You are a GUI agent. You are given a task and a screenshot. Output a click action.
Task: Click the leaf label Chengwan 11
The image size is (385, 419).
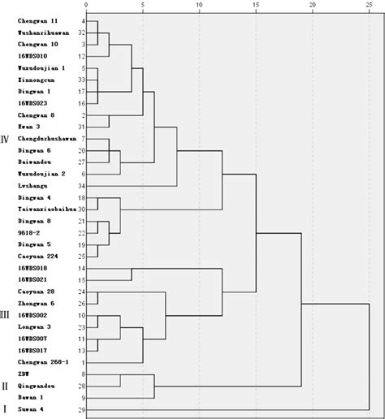(x=37, y=19)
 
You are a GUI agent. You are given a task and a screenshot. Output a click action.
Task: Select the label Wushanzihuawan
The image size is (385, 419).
(x=41, y=32)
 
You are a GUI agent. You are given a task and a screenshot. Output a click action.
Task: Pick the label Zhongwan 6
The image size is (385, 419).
(x=36, y=303)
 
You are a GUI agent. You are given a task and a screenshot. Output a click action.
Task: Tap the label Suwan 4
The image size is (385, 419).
(x=31, y=410)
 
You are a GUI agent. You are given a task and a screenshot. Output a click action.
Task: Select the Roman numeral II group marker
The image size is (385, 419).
(x=7, y=386)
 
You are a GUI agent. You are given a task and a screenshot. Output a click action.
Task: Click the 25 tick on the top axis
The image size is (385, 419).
(x=370, y=5)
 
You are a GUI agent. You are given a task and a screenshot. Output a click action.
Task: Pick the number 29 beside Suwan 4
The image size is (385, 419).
(x=82, y=410)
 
